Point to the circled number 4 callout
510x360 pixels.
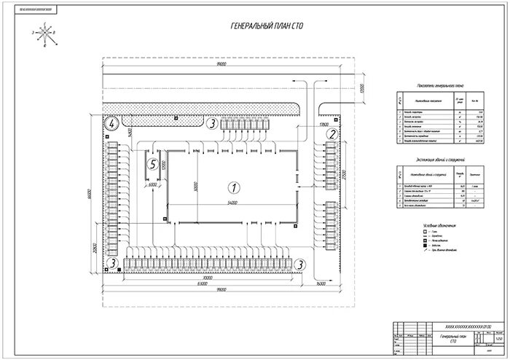(x=112, y=124)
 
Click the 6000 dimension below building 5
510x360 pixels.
(x=152, y=185)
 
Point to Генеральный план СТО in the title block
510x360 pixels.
(x=452, y=340)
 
